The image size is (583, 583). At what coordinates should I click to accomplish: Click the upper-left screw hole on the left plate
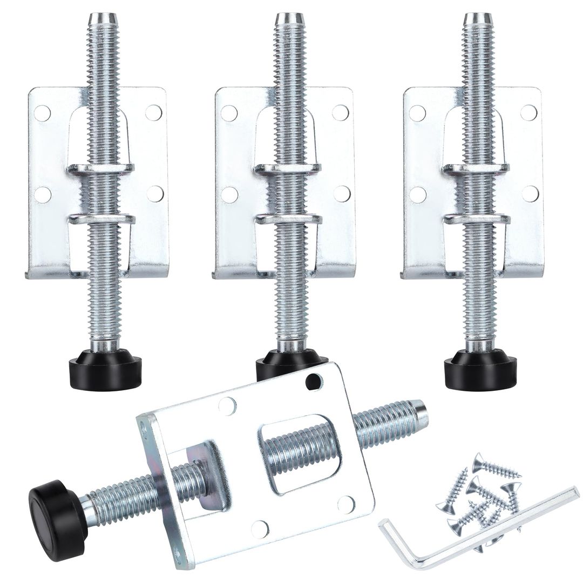coord(43,113)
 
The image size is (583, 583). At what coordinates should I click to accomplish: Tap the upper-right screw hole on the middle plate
coord(340,112)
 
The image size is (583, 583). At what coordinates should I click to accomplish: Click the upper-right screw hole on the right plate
coord(528,112)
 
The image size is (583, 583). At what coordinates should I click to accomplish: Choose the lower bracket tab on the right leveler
coord(477,219)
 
